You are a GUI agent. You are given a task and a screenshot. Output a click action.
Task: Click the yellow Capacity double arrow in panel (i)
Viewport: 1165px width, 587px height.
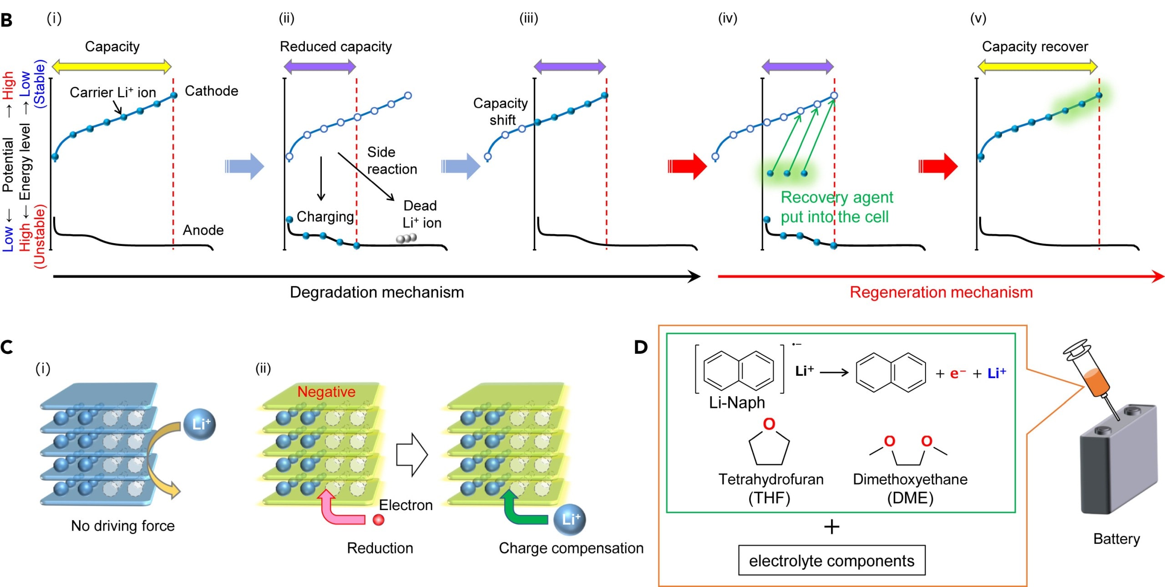pyautogui.click(x=112, y=67)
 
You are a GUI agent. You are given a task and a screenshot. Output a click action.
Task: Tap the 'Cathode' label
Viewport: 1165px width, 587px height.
pyautogui.click(x=211, y=91)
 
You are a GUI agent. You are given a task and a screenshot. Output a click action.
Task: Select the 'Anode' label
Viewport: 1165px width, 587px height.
pyautogui.click(x=203, y=230)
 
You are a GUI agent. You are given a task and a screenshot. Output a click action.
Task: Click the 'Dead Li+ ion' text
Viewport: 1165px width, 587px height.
pyautogui.click(x=421, y=214)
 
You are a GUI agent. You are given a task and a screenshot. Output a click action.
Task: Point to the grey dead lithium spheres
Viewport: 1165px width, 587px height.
pyautogui.click(x=406, y=239)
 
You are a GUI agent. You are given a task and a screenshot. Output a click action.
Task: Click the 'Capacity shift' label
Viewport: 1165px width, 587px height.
pyautogui.click(x=501, y=112)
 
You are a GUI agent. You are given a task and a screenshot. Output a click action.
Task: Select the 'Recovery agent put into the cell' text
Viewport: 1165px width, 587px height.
pyautogui.click(x=836, y=207)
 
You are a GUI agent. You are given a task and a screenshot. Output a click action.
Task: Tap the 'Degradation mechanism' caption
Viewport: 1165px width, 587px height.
pyautogui.click(x=377, y=292)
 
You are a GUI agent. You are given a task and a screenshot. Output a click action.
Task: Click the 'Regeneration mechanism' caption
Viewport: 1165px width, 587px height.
pyautogui.click(x=941, y=292)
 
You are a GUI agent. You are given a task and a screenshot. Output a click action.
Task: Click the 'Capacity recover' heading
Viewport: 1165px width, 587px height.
pyautogui.click(x=1035, y=46)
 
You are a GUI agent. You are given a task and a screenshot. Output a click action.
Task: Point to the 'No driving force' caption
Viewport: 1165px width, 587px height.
pyautogui.click(x=123, y=526)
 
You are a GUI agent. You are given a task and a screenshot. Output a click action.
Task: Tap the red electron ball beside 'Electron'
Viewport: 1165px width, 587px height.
pyautogui.click(x=378, y=520)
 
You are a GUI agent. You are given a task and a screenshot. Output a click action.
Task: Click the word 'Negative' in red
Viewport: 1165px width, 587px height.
pyautogui.click(x=326, y=392)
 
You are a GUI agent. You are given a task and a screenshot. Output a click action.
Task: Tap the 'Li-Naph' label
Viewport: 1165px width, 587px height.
pyautogui.click(x=737, y=403)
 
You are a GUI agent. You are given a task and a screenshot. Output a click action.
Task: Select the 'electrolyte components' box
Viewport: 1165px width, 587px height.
pyautogui.click(x=831, y=561)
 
